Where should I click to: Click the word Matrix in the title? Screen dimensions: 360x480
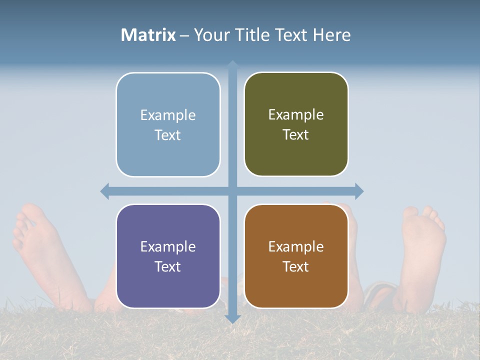pyautogui.click(x=148, y=35)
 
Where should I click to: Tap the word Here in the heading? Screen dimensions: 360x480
pyautogui.click(x=331, y=35)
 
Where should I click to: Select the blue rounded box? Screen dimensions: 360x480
pyautogui.click(x=168, y=125)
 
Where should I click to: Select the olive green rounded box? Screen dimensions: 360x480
pyautogui.click(x=296, y=124)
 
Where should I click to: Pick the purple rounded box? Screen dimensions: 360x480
pyautogui.click(x=168, y=256)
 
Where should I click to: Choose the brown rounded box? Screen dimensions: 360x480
pyautogui.click(x=296, y=256)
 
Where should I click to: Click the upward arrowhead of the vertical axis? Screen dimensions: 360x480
pyautogui.click(x=232, y=64)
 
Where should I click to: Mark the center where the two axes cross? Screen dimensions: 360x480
pyautogui.click(x=232, y=191)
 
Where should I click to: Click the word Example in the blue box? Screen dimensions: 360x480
pyautogui.click(x=168, y=115)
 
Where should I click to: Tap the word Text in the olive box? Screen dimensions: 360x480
pyautogui.click(x=296, y=135)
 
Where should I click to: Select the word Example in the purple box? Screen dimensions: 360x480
pyautogui.click(x=168, y=246)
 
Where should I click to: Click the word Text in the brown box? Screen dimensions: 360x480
pyautogui.click(x=296, y=266)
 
